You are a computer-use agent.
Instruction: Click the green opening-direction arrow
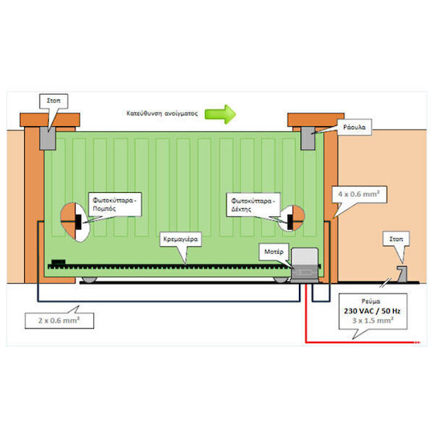coord(220,114)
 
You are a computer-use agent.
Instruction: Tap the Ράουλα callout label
coord(354,127)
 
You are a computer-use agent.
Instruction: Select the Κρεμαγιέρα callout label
coord(181,240)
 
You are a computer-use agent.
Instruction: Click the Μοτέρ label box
coord(274,252)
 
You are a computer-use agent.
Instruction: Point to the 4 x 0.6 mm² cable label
coord(358,194)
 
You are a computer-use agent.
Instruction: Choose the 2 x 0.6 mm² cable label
coord(59,321)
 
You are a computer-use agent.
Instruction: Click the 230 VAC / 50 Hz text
coord(372,311)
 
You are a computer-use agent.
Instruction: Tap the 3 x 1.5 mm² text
coord(373,321)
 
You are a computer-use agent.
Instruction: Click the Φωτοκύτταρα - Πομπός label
coord(115,204)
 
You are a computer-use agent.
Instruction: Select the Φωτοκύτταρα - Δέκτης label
coord(253,205)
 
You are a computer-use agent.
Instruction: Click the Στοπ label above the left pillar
coord(54,100)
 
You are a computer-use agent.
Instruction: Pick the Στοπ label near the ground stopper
coord(395,240)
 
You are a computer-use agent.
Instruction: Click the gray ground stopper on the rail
coord(402,274)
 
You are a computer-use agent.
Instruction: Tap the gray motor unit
coord(305,265)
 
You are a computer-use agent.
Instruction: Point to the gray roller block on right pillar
coord(308,138)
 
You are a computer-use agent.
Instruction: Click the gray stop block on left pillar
coord(47,138)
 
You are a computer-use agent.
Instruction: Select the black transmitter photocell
coord(78,222)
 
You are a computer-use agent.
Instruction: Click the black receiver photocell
coord(290,222)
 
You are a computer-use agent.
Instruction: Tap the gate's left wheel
coord(89,280)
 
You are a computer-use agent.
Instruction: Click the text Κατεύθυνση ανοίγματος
coord(162,113)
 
